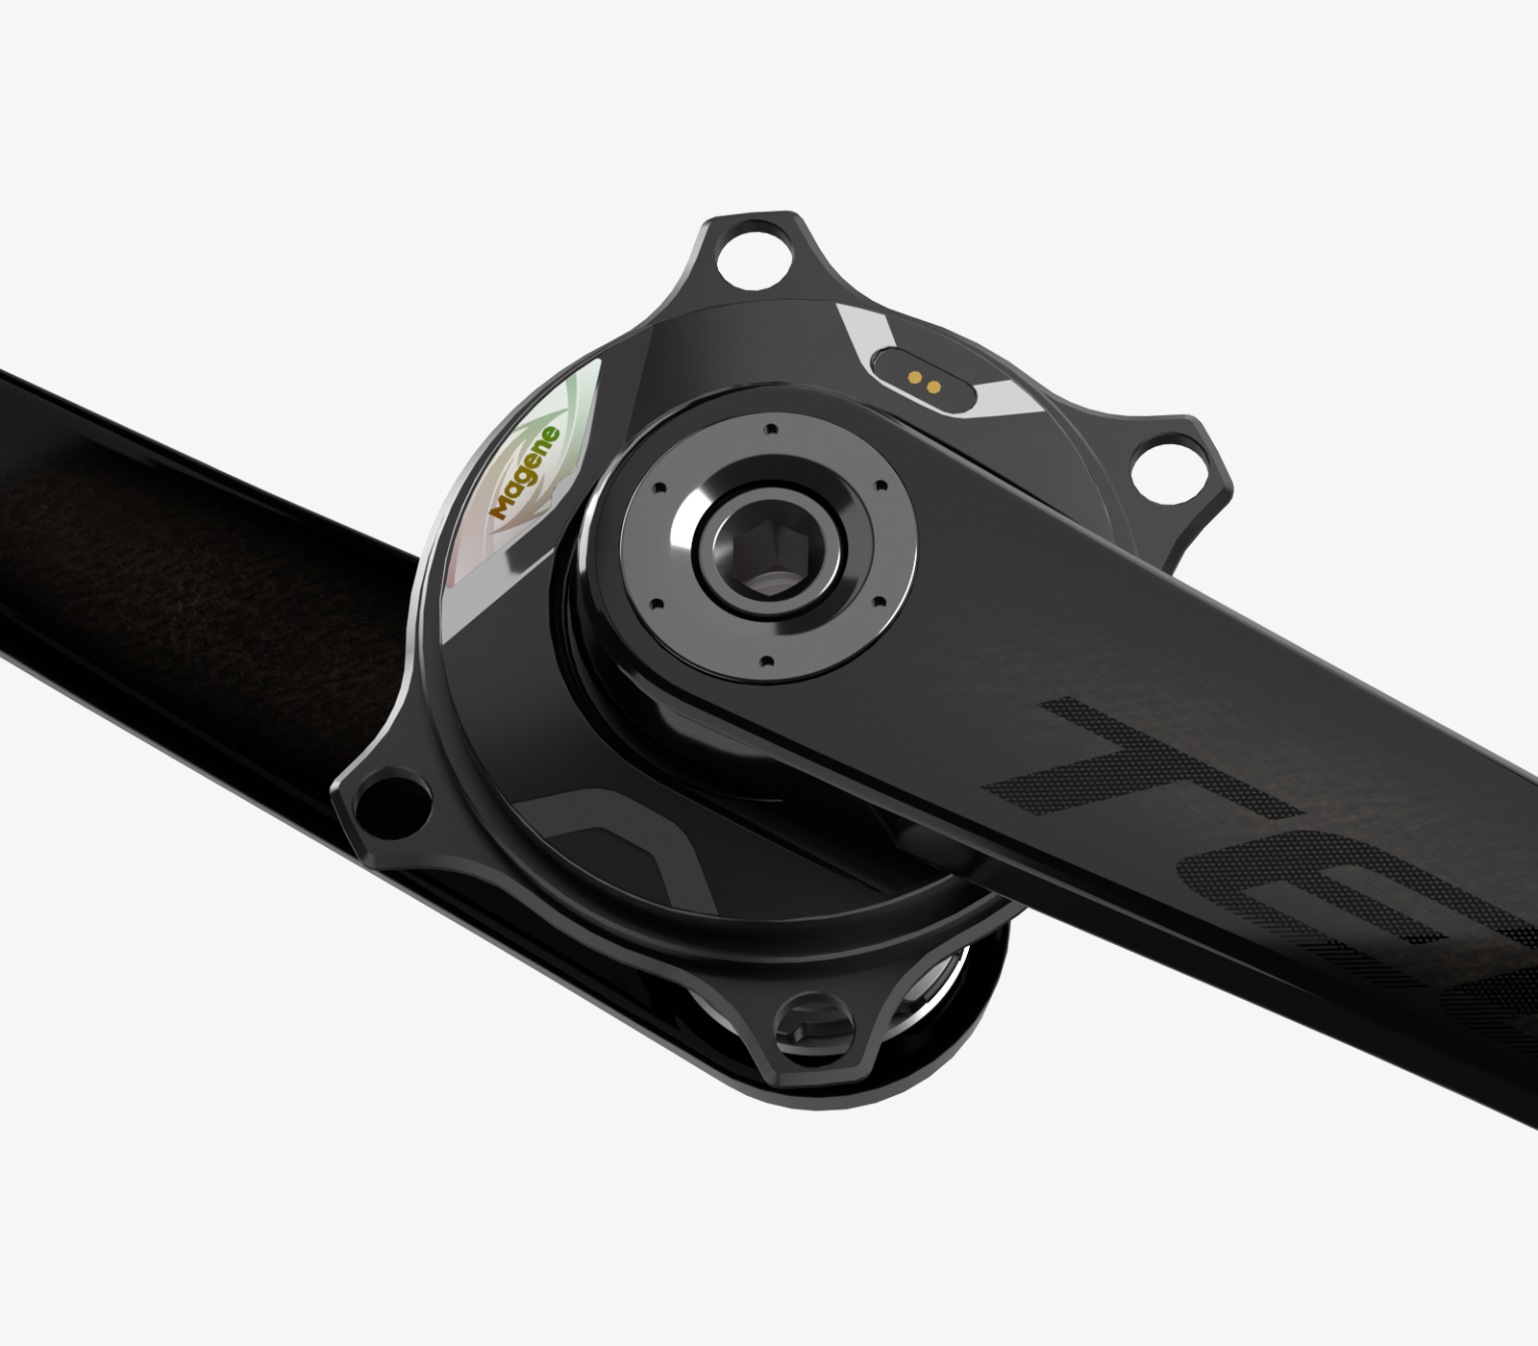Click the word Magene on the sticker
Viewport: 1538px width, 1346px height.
(525, 472)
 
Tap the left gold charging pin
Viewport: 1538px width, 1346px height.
(915, 378)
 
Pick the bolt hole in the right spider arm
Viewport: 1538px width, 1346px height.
(1167, 467)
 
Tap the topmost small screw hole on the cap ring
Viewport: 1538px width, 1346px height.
(770, 430)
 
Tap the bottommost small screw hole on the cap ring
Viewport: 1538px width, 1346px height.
(766, 662)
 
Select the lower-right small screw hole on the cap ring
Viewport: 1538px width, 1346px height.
(877, 604)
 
